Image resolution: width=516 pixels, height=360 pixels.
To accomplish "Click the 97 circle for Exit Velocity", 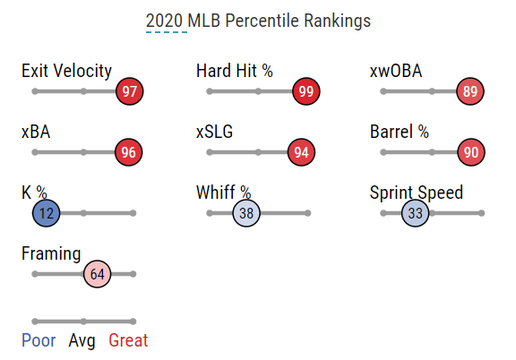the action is [x=130, y=91].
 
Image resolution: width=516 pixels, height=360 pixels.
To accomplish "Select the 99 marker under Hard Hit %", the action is [x=306, y=91].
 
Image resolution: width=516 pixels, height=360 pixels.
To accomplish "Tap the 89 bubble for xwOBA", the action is [x=470, y=91].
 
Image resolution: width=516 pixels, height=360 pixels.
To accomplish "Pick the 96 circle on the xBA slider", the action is [x=129, y=152].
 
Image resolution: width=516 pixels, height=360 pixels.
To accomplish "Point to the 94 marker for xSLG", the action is [x=301, y=152].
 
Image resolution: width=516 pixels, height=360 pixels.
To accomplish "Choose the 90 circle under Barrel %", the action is [x=471, y=152].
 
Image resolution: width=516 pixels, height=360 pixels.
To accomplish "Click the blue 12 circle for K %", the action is [x=46, y=213].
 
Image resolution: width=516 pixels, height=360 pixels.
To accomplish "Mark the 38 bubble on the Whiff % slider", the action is [x=246, y=213].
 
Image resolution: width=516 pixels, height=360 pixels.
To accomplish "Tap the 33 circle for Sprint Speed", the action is [x=416, y=213].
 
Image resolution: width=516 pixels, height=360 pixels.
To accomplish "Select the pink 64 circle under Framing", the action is [x=97, y=274].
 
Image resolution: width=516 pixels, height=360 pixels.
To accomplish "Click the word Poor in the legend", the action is [x=39, y=340].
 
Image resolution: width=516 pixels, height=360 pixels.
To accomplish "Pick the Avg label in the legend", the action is [x=82, y=341].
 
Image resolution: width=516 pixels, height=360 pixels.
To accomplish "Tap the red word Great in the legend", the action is [x=128, y=340].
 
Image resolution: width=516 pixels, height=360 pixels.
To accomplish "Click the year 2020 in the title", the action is [x=164, y=21].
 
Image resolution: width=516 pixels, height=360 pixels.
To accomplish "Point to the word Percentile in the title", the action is [x=262, y=21].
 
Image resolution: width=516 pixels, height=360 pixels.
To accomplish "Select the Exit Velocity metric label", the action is [x=66, y=71].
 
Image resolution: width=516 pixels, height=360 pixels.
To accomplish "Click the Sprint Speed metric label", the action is [x=417, y=193].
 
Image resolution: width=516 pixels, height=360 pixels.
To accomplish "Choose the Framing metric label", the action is [x=51, y=254].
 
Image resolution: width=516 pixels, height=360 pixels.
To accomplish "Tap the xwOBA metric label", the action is [x=396, y=71].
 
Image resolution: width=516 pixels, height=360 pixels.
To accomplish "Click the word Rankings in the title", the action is [x=338, y=21].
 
